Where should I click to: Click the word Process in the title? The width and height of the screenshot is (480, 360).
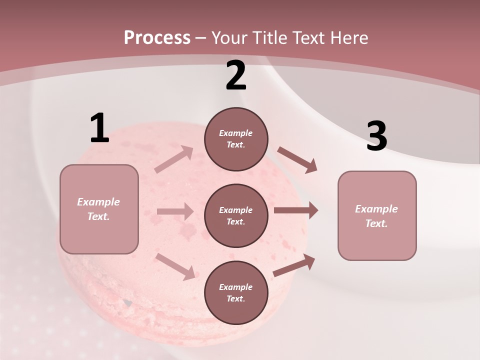(x=157, y=37)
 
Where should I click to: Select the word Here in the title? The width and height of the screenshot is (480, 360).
(x=347, y=37)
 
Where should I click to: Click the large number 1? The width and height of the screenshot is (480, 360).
(x=99, y=128)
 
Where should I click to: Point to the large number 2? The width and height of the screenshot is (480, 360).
(x=236, y=75)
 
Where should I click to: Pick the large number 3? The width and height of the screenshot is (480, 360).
(x=376, y=137)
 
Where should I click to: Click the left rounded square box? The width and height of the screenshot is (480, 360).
(x=99, y=209)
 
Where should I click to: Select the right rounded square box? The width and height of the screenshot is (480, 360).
(x=377, y=215)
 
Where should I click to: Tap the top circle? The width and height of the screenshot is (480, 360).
(x=236, y=139)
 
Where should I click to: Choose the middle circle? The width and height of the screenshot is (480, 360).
(x=236, y=215)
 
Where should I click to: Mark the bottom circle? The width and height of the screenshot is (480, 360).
(x=236, y=292)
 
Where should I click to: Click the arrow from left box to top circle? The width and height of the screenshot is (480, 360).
(x=174, y=159)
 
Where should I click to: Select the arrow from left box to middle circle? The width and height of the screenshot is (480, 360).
(x=175, y=211)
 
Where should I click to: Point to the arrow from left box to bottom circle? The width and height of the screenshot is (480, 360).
(x=175, y=266)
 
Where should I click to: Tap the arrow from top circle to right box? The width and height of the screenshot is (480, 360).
(x=297, y=159)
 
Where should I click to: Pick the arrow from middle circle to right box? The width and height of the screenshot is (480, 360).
(x=295, y=210)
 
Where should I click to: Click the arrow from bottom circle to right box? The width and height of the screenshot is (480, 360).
(x=294, y=265)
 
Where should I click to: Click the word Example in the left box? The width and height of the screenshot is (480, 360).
(x=98, y=202)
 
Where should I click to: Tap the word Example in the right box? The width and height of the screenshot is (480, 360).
(x=376, y=209)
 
